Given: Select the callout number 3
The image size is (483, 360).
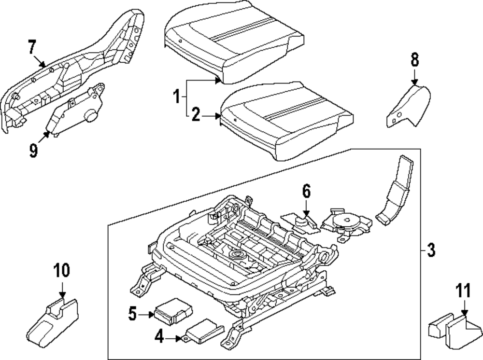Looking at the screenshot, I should tap(431, 250).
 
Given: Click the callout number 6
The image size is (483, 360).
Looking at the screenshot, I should tap(306, 192).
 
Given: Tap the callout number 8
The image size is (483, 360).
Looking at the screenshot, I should tap(414, 60).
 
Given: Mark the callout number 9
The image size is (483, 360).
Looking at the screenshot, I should tap(33, 151).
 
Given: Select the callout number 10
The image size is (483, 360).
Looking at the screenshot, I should tap(62, 271).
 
